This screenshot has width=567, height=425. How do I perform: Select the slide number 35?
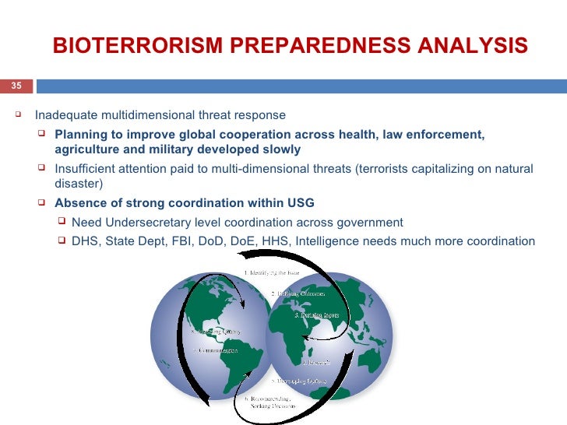point(16,86)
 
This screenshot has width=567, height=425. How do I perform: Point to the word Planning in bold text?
point(79,134)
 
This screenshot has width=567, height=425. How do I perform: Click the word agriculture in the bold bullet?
point(86,149)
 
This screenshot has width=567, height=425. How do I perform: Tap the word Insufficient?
point(88,168)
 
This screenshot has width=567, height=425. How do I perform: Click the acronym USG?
point(300,203)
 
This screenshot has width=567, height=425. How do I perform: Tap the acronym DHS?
point(85,241)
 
